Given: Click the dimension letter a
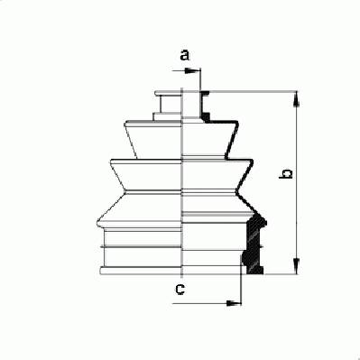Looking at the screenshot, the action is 185,55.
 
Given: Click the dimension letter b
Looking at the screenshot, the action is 286,174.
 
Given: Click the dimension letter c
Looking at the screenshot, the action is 180,290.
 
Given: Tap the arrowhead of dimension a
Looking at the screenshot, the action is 191,71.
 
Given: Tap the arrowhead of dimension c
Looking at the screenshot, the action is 234,303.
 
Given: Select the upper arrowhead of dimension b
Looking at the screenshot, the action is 297,99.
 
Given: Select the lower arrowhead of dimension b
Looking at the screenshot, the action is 297,266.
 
